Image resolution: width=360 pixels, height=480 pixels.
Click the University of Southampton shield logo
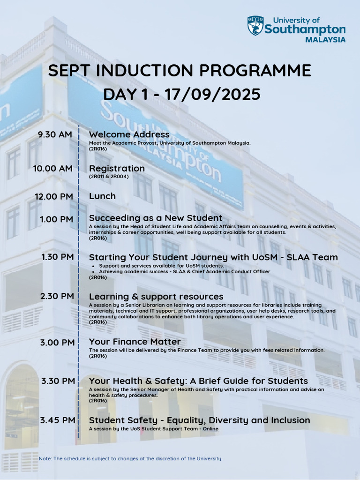(x=255, y=26)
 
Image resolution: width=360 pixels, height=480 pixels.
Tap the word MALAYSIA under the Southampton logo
(x=325, y=40)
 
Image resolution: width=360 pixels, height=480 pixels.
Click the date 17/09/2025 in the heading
(x=212, y=94)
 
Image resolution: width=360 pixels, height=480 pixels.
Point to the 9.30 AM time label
(x=55, y=135)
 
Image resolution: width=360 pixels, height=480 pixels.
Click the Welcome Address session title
(x=129, y=135)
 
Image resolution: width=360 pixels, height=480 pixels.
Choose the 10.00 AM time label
(x=52, y=168)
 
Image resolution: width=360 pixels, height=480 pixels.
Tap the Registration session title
(x=117, y=169)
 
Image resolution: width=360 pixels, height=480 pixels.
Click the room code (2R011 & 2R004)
(x=109, y=177)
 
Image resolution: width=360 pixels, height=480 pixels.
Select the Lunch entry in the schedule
(x=102, y=196)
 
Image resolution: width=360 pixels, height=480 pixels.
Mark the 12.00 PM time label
(x=54, y=196)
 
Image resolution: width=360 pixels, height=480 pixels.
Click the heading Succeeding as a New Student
(x=156, y=218)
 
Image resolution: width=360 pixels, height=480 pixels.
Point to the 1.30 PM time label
(x=58, y=257)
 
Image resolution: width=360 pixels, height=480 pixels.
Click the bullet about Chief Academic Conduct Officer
(x=185, y=271)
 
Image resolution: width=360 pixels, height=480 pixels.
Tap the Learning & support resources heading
(x=156, y=297)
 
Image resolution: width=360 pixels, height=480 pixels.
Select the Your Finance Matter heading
(x=135, y=342)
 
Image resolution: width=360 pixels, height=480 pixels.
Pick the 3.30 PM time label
(x=58, y=381)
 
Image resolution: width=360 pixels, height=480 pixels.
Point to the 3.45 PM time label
(x=58, y=420)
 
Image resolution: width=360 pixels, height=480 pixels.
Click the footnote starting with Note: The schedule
(x=131, y=458)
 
